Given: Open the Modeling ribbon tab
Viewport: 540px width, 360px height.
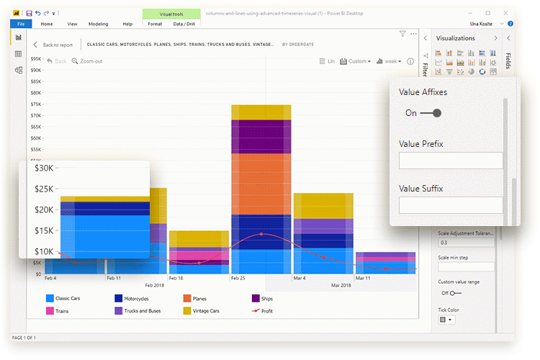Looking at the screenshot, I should pyautogui.click(x=98, y=24).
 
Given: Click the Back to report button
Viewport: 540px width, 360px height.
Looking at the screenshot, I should pyautogui.click(x=53, y=45).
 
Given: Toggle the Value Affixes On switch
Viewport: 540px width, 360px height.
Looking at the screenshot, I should pyautogui.click(x=431, y=113).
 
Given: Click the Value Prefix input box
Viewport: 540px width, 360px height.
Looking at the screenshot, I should pyautogui.click(x=450, y=161).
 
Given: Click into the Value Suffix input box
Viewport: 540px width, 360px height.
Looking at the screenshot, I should pyautogui.click(x=450, y=205).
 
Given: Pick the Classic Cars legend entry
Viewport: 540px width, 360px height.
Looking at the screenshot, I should pyautogui.click(x=65, y=298).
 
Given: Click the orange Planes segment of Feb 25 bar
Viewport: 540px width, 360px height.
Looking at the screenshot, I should pyautogui.click(x=261, y=184).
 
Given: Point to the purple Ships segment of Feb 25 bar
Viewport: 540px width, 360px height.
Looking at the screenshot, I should pyautogui.click(x=261, y=136).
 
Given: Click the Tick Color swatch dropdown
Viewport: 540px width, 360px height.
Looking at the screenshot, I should pyautogui.click(x=446, y=320).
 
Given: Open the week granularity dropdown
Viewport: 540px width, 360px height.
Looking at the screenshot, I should pyautogui.click(x=392, y=61).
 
